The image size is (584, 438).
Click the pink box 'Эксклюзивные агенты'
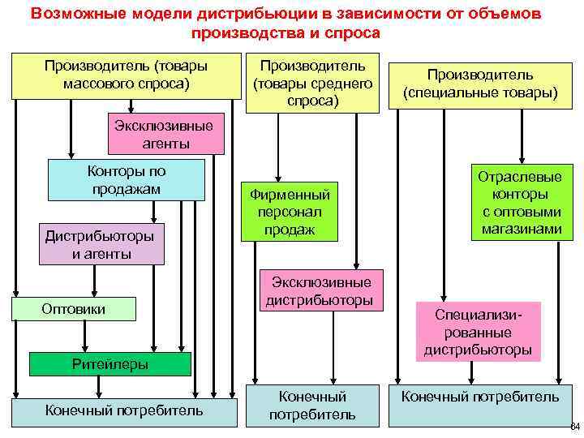point(166,135)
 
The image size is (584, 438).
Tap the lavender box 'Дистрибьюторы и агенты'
point(101,244)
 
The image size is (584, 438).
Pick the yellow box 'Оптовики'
point(73,308)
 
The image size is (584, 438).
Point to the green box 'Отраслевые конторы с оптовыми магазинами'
point(519,203)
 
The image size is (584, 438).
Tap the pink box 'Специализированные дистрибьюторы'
point(478,331)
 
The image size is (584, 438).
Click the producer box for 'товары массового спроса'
point(126,75)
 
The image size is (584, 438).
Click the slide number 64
point(574,427)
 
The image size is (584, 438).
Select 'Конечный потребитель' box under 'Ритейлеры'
point(124,410)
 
